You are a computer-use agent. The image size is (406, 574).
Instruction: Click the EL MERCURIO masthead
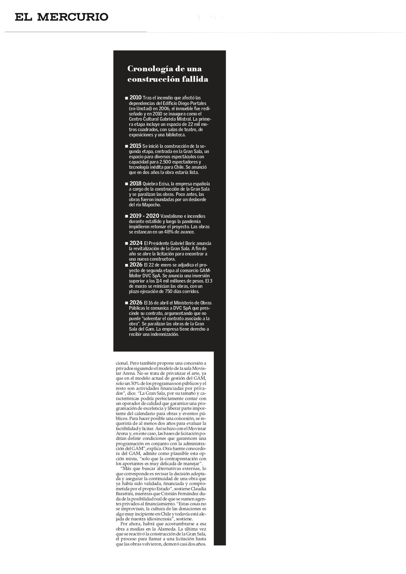point(62,17)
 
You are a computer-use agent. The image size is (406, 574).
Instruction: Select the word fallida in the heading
point(195,79)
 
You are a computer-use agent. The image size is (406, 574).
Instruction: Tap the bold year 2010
point(136,97)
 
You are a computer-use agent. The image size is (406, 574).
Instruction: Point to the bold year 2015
point(136,145)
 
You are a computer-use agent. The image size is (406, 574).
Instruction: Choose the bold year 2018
point(136,183)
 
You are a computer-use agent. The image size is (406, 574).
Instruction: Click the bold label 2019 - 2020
point(144,216)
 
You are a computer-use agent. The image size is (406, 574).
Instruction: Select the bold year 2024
point(136,243)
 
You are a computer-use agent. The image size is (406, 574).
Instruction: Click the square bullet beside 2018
point(126,184)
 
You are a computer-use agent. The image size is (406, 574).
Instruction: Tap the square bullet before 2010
point(126,97)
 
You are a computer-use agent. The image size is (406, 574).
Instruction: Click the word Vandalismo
point(172,216)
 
